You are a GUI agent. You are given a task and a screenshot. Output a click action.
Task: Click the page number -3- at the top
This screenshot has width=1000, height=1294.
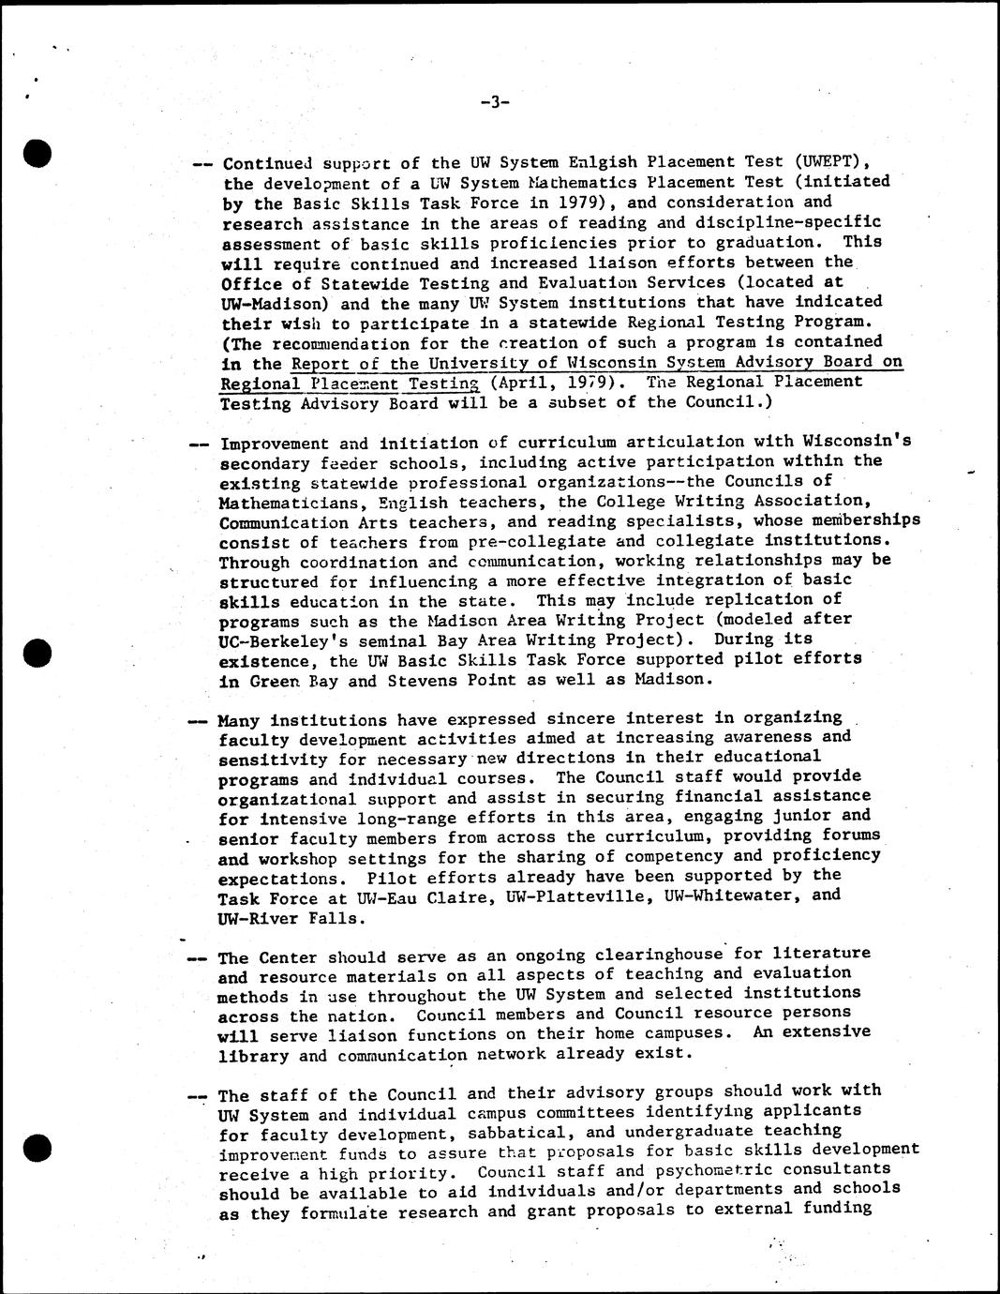tap(494, 102)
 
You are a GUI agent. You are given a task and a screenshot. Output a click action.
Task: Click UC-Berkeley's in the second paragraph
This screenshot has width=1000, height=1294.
tap(280, 639)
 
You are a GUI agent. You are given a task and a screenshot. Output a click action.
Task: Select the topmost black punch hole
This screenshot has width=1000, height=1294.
tap(37, 153)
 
